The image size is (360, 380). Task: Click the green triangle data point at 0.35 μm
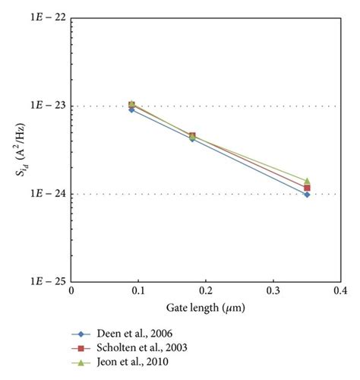tap(307, 181)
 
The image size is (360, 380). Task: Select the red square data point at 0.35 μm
tap(307, 188)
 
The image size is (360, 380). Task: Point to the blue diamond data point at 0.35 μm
tap(307, 195)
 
